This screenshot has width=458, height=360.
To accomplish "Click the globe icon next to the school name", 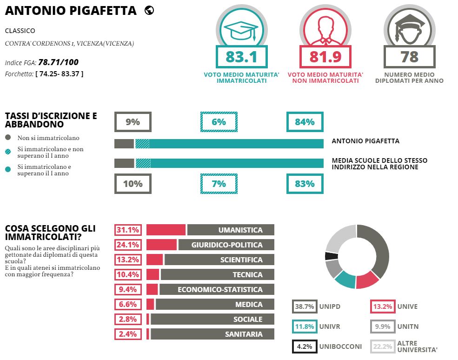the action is [149, 11].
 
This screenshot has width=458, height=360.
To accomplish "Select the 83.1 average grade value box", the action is [242, 57].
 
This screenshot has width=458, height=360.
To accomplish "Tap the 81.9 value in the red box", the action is [325, 57].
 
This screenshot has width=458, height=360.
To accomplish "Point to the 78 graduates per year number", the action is [409, 57].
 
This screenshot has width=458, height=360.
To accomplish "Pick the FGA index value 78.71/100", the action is [59, 62].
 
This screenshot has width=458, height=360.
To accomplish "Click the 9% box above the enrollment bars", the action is [133, 122].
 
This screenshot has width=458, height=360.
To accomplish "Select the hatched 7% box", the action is [219, 184].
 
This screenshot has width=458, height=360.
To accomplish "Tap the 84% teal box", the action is [305, 122].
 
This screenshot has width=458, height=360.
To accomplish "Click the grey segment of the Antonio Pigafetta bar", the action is [124, 144].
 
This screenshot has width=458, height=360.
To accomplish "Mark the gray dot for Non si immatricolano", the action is [8, 137].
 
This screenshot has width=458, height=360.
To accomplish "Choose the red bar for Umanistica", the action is [166, 230].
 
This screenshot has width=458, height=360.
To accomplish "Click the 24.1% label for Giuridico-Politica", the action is [128, 245].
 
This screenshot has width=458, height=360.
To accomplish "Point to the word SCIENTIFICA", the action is [241, 260].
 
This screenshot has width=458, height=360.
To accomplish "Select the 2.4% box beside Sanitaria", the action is [128, 334].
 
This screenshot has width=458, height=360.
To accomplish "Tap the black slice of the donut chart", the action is [331, 256].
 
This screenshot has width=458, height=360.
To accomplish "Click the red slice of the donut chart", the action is [367, 280].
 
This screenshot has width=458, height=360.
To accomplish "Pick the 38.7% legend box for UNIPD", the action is [305, 307].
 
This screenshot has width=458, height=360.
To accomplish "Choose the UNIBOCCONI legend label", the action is [340, 347].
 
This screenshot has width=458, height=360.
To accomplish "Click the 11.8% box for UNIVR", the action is [305, 327].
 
